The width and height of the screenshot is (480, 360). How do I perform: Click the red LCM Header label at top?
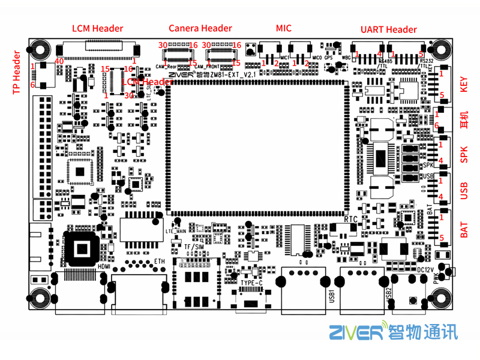pyautogui.click(x=98, y=28)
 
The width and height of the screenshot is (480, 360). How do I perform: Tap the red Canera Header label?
pyautogui.click(x=200, y=28)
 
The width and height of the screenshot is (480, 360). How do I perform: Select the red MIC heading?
pyautogui.click(x=284, y=28)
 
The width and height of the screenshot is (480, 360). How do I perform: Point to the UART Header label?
pyautogui.click(x=388, y=29)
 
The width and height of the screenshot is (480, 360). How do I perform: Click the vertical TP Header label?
pyautogui.click(x=17, y=73)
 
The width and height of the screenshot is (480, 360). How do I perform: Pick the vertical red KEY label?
pyautogui.click(x=464, y=85)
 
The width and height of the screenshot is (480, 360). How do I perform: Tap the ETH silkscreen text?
pyautogui.click(x=159, y=262)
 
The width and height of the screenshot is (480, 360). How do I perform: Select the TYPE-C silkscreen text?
pyautogui.click(x=251, y=283)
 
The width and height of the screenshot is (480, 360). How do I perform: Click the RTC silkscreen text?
pyautogui.click(x=351, y=220)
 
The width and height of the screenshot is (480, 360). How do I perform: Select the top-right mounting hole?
pyautogui.click(x=440, y=49)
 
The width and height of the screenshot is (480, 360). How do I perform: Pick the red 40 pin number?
pyautogui.click(x=59, y=61)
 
